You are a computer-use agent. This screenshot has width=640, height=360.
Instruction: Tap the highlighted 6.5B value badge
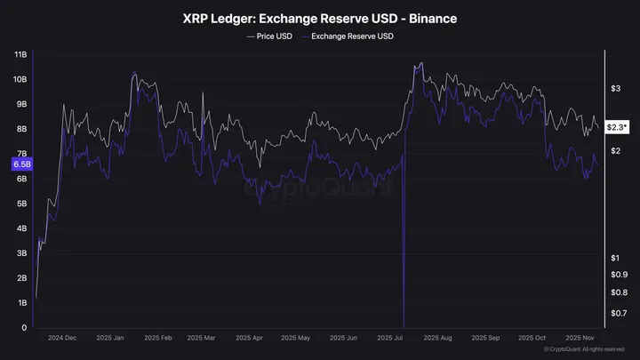coord(21,164)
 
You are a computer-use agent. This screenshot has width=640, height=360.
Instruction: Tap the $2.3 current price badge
coord(617,127)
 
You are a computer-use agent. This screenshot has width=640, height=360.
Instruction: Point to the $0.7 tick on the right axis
coord(619,313)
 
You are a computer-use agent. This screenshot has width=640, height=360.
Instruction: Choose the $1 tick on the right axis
coord(615,258)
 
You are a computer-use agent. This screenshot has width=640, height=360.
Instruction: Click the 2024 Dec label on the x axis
coord(63,339)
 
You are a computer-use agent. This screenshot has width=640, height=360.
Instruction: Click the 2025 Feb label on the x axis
coord(157,339)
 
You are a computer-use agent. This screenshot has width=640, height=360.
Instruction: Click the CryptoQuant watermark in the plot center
coord(317,188)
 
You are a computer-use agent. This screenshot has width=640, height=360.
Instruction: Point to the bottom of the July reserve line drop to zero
coord(404,326)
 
